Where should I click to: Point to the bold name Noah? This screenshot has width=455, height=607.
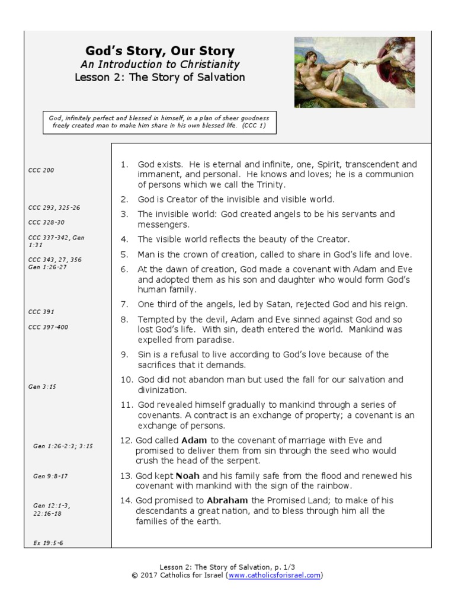coord(187,476)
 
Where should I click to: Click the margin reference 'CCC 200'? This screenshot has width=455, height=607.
coord(41,170)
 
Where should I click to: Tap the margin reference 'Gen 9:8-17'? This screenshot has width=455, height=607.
coord(51,476)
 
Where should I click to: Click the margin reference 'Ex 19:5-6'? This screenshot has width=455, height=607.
coord(49,542)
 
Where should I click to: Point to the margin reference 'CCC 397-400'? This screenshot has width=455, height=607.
coord(49,327)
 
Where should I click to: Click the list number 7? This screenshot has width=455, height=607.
coord(124,305)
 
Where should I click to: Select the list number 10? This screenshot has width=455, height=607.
coord(126,379)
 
